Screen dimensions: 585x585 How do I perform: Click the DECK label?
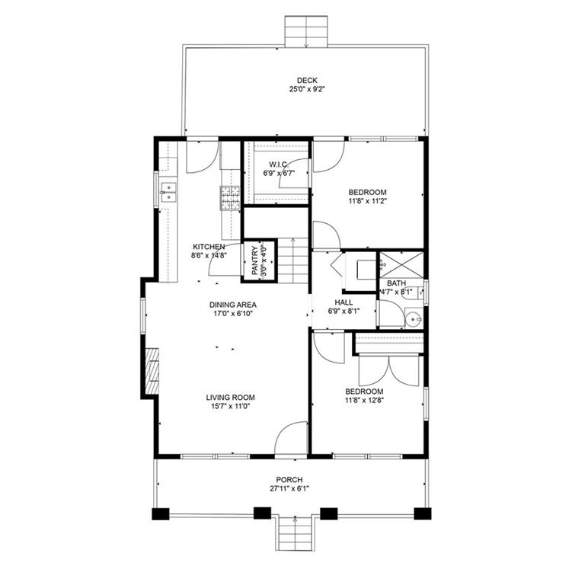[x=307, y=80]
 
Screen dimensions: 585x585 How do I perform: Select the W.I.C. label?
[x=279, y=165]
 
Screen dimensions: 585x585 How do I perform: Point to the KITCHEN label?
[x=209, y=247]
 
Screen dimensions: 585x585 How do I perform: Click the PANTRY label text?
[x=255, y=261]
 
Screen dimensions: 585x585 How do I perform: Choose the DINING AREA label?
[x=233, y=305]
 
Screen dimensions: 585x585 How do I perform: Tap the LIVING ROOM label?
[x=231, y=398]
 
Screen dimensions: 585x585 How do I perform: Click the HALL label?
[x=344, y=302]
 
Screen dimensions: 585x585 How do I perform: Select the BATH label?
[x=396, y=283]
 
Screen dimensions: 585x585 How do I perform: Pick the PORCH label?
[x=289, y=479]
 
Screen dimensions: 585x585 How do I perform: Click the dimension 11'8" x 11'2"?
[x=367, y=201]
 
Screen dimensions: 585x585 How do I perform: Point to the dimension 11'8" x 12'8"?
[x=365, y=401]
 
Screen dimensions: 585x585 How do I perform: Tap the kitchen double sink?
[x=168, y=192]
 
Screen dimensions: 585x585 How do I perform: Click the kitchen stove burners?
[x=230, y=198]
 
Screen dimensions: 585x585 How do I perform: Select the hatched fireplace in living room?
[x=152, y=371]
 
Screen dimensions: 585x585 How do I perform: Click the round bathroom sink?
[x=414, y=318]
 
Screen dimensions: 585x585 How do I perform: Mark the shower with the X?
[x=401, y=264]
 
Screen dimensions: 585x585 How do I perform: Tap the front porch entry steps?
[x=295, y=532]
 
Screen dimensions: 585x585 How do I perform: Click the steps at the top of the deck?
[x=306, y=31]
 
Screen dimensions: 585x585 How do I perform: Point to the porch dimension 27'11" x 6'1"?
[x=290, y=488]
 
